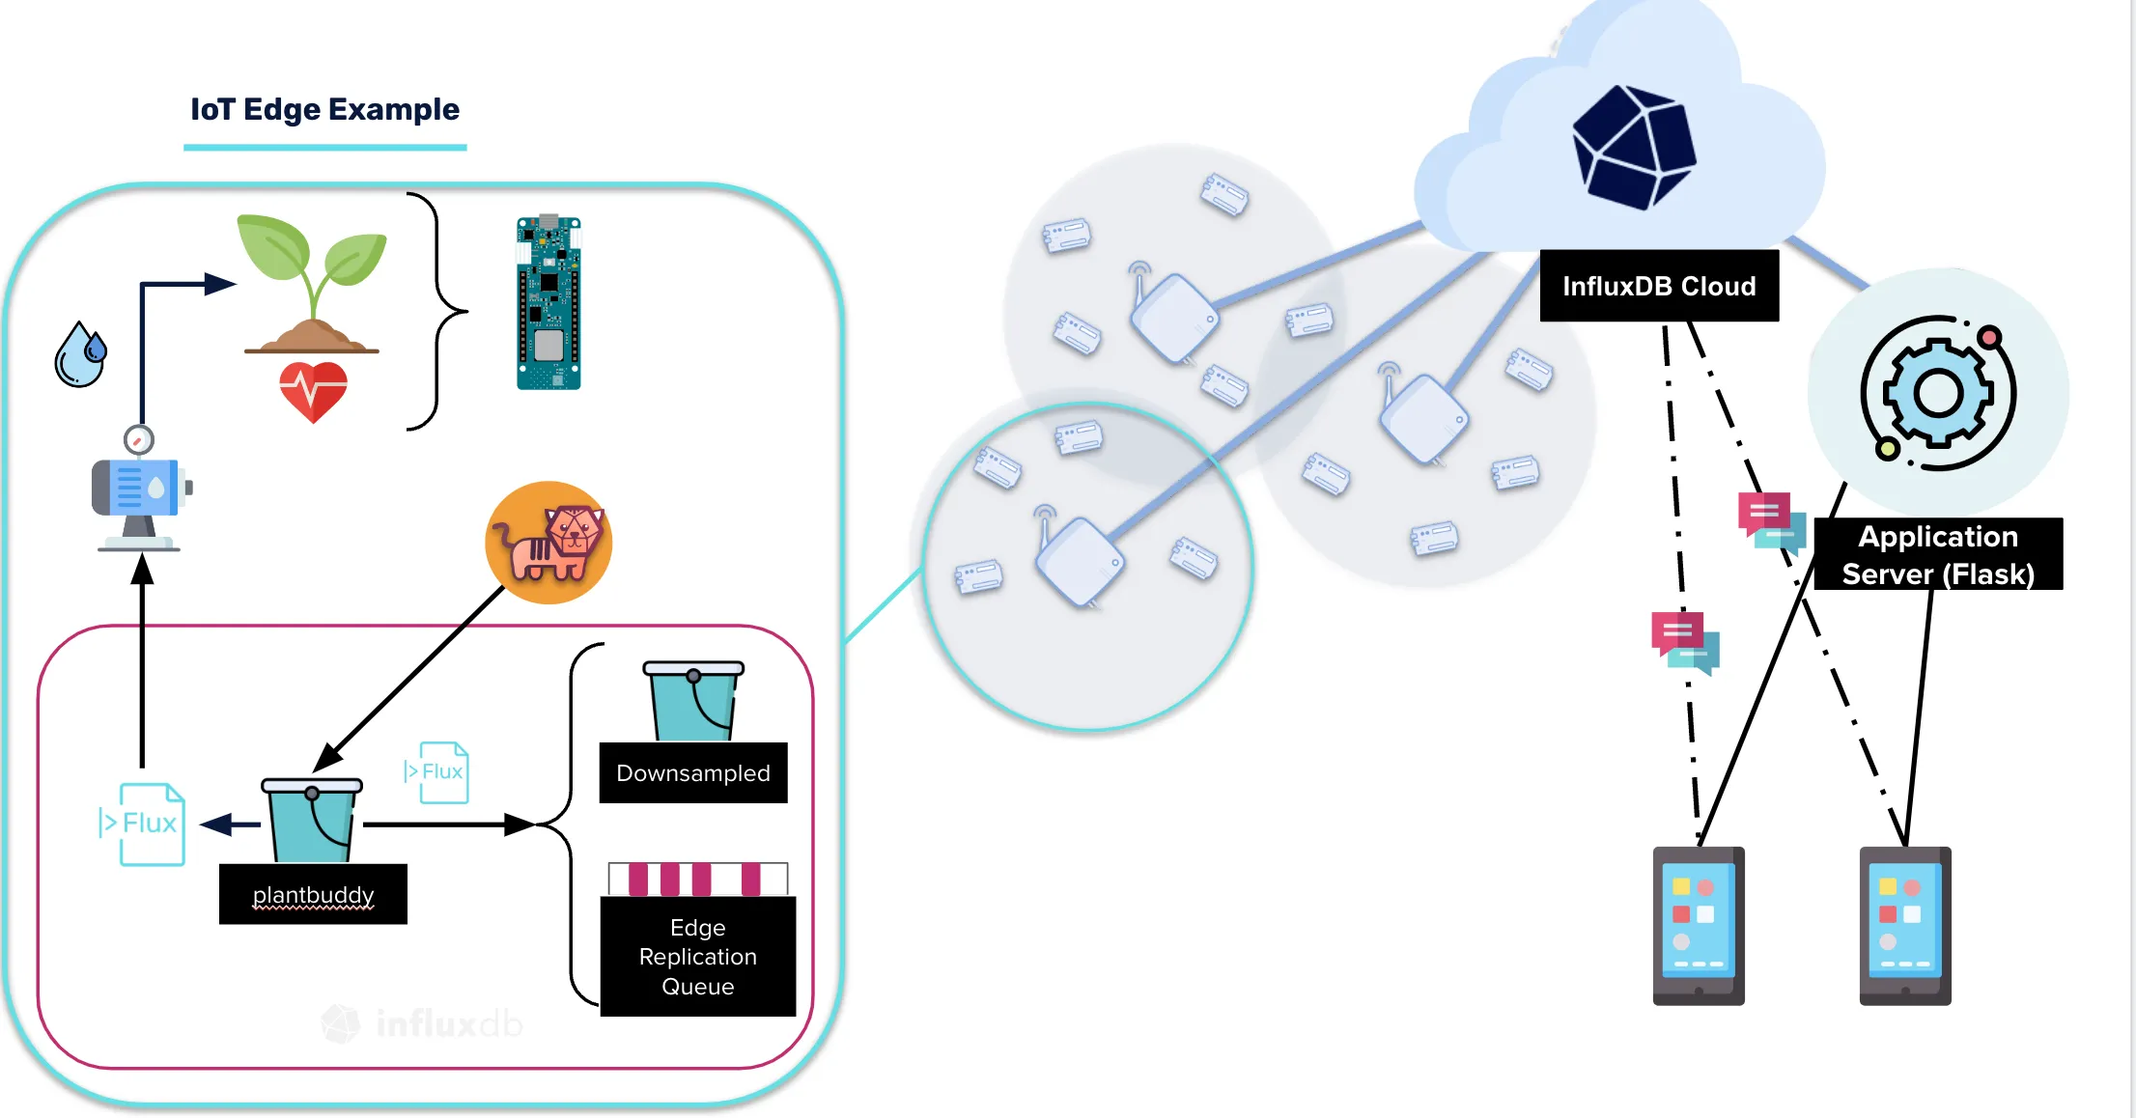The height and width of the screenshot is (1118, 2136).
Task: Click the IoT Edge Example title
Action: [324, 109]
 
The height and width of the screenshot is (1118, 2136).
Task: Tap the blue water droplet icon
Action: [80, 354]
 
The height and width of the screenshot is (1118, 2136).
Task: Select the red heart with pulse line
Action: [313, 391]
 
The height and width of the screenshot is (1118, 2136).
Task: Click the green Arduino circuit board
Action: [548, 303]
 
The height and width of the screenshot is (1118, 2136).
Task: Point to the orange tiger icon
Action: [548, 543]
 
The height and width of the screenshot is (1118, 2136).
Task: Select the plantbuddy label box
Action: [313, 894]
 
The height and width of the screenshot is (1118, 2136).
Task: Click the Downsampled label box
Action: [693, 772]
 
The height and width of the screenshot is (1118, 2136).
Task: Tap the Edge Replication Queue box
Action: [698, 956]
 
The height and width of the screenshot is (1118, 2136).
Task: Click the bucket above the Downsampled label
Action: [693, 700]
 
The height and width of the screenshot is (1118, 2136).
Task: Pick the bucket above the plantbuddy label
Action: [312, 821]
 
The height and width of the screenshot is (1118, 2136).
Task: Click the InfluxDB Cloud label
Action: [1659, 286]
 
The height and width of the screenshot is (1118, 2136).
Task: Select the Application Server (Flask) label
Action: [1938, 554]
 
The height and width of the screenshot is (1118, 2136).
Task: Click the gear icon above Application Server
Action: [1938, 393]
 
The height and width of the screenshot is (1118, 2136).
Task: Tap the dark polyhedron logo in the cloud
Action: [1634, 147]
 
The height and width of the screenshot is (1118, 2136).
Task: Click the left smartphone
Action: [1699, 926]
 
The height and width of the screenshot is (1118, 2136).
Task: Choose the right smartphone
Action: [1905, 926]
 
